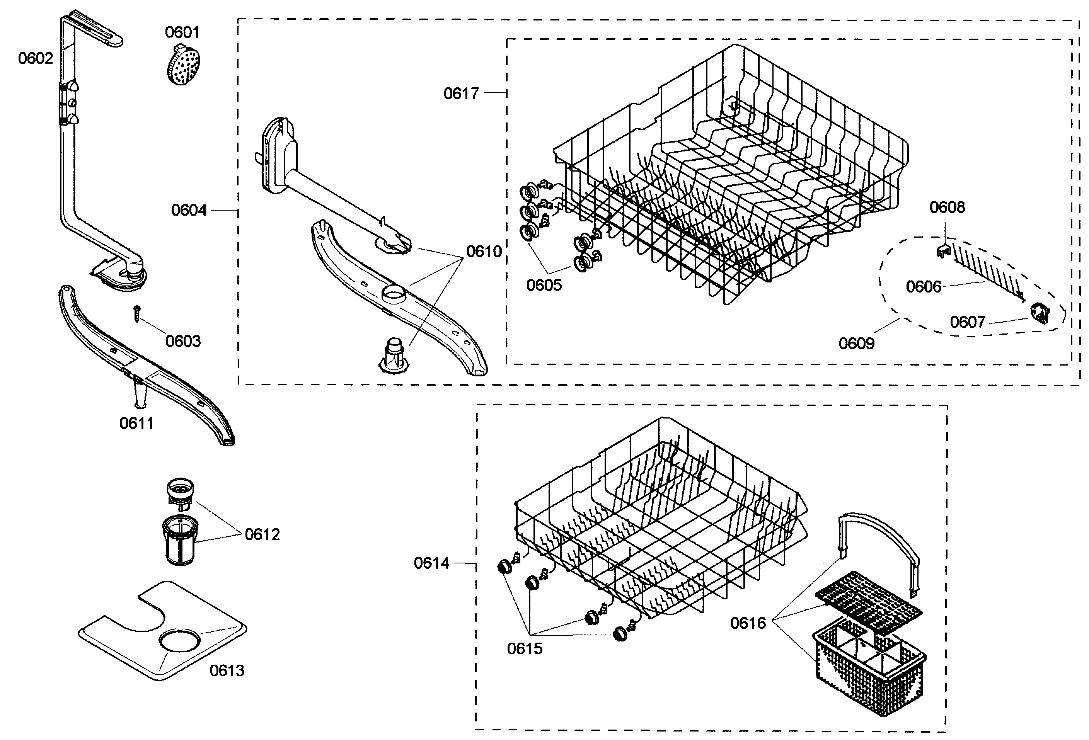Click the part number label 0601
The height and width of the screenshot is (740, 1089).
click(x=182, y=32)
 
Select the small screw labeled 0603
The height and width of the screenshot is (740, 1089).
click(x=137, y=313)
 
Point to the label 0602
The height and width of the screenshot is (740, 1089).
click(x=36, y=59)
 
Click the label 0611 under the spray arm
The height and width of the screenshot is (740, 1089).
click(x=137, y=424)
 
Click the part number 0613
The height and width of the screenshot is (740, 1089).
click(x=227, y=671)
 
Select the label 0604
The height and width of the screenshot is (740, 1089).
click(x=189, y=210)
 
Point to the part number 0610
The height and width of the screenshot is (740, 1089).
click(x=484, y=252)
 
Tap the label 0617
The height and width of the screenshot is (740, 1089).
click(x=462, y=94)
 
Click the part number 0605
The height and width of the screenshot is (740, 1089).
click(x=544, y=285)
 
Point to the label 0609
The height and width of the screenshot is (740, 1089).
click(x=857, y=344)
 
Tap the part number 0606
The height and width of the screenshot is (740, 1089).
click(x=924, y=287)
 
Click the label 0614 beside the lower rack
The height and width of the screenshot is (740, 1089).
click(x=431, y=563)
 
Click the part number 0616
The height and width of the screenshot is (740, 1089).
click(x=748, y=623)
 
